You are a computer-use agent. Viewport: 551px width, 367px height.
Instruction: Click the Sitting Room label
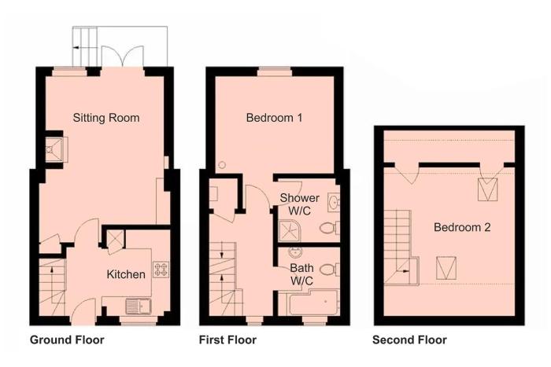[106, 118]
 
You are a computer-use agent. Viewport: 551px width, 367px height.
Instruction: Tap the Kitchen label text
[126, 274]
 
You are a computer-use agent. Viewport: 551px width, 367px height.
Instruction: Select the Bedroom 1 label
[274, 118]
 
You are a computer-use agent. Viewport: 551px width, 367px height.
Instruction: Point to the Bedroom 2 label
[462, 227]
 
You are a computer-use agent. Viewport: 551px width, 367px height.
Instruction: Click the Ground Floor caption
[67, 339]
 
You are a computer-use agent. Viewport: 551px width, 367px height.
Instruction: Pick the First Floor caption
[227, 339]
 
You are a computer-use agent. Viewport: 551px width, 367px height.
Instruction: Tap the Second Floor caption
[409, 339]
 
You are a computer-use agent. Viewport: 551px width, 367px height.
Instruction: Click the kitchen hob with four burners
[161, 270]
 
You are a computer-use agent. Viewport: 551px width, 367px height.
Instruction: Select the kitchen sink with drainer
[138, 306]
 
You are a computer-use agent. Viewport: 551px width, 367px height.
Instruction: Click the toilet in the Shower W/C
[329, 229]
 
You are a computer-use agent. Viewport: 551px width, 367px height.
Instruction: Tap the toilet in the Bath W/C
[330, 270]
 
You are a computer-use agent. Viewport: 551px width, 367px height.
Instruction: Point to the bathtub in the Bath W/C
[313, 303]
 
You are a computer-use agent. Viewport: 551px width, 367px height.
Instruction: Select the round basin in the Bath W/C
[294, 251]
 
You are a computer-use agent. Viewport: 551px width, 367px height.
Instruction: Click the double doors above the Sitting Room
[122, 56]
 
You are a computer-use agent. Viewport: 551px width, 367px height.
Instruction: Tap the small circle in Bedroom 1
[222, 164]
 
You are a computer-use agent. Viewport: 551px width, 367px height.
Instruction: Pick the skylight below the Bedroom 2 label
[446, 268]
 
